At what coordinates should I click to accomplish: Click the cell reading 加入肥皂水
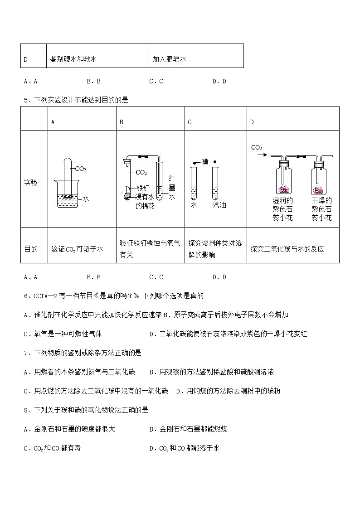click(169, 59)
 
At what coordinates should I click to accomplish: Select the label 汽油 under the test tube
click(219, 205)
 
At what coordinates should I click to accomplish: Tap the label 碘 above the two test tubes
click(204, 162)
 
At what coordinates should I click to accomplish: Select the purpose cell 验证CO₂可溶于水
click(77, 249)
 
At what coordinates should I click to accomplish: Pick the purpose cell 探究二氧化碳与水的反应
click(287, 249)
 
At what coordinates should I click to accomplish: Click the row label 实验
click(31, 182)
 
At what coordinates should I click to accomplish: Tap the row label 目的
click(31, 249)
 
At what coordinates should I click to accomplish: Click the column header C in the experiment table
click(190, 122)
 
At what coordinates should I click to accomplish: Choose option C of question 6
click(63, 334)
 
